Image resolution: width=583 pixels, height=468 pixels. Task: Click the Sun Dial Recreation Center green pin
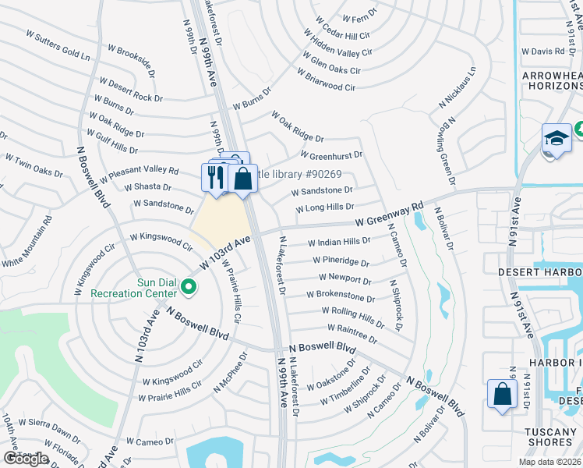click(x=188, y=288)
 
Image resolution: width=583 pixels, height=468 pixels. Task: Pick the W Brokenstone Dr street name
click(x=341, y=296)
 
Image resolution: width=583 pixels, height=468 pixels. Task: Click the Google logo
click(x=26, y=459)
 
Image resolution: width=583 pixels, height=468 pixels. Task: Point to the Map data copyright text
click(x=550, y=462)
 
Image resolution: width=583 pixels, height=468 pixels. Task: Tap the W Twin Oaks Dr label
click(x=34, y=165)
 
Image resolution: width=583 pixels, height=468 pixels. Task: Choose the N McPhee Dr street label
click(x=232, y=372)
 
